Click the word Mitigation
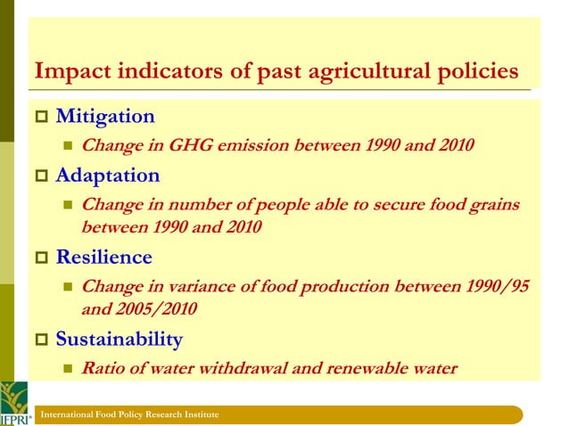pyautogui.click(x=104, y=117)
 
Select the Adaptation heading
pyautogui.click(x=108, y=176)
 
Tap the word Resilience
pyautogui.click(x=103, y=258)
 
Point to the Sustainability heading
pyautogui.click(x=119, y=340)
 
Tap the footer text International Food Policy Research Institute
pyautogui.click(x=123, y=416)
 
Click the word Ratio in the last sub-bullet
pyautogui.click(x=103, y=368)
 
